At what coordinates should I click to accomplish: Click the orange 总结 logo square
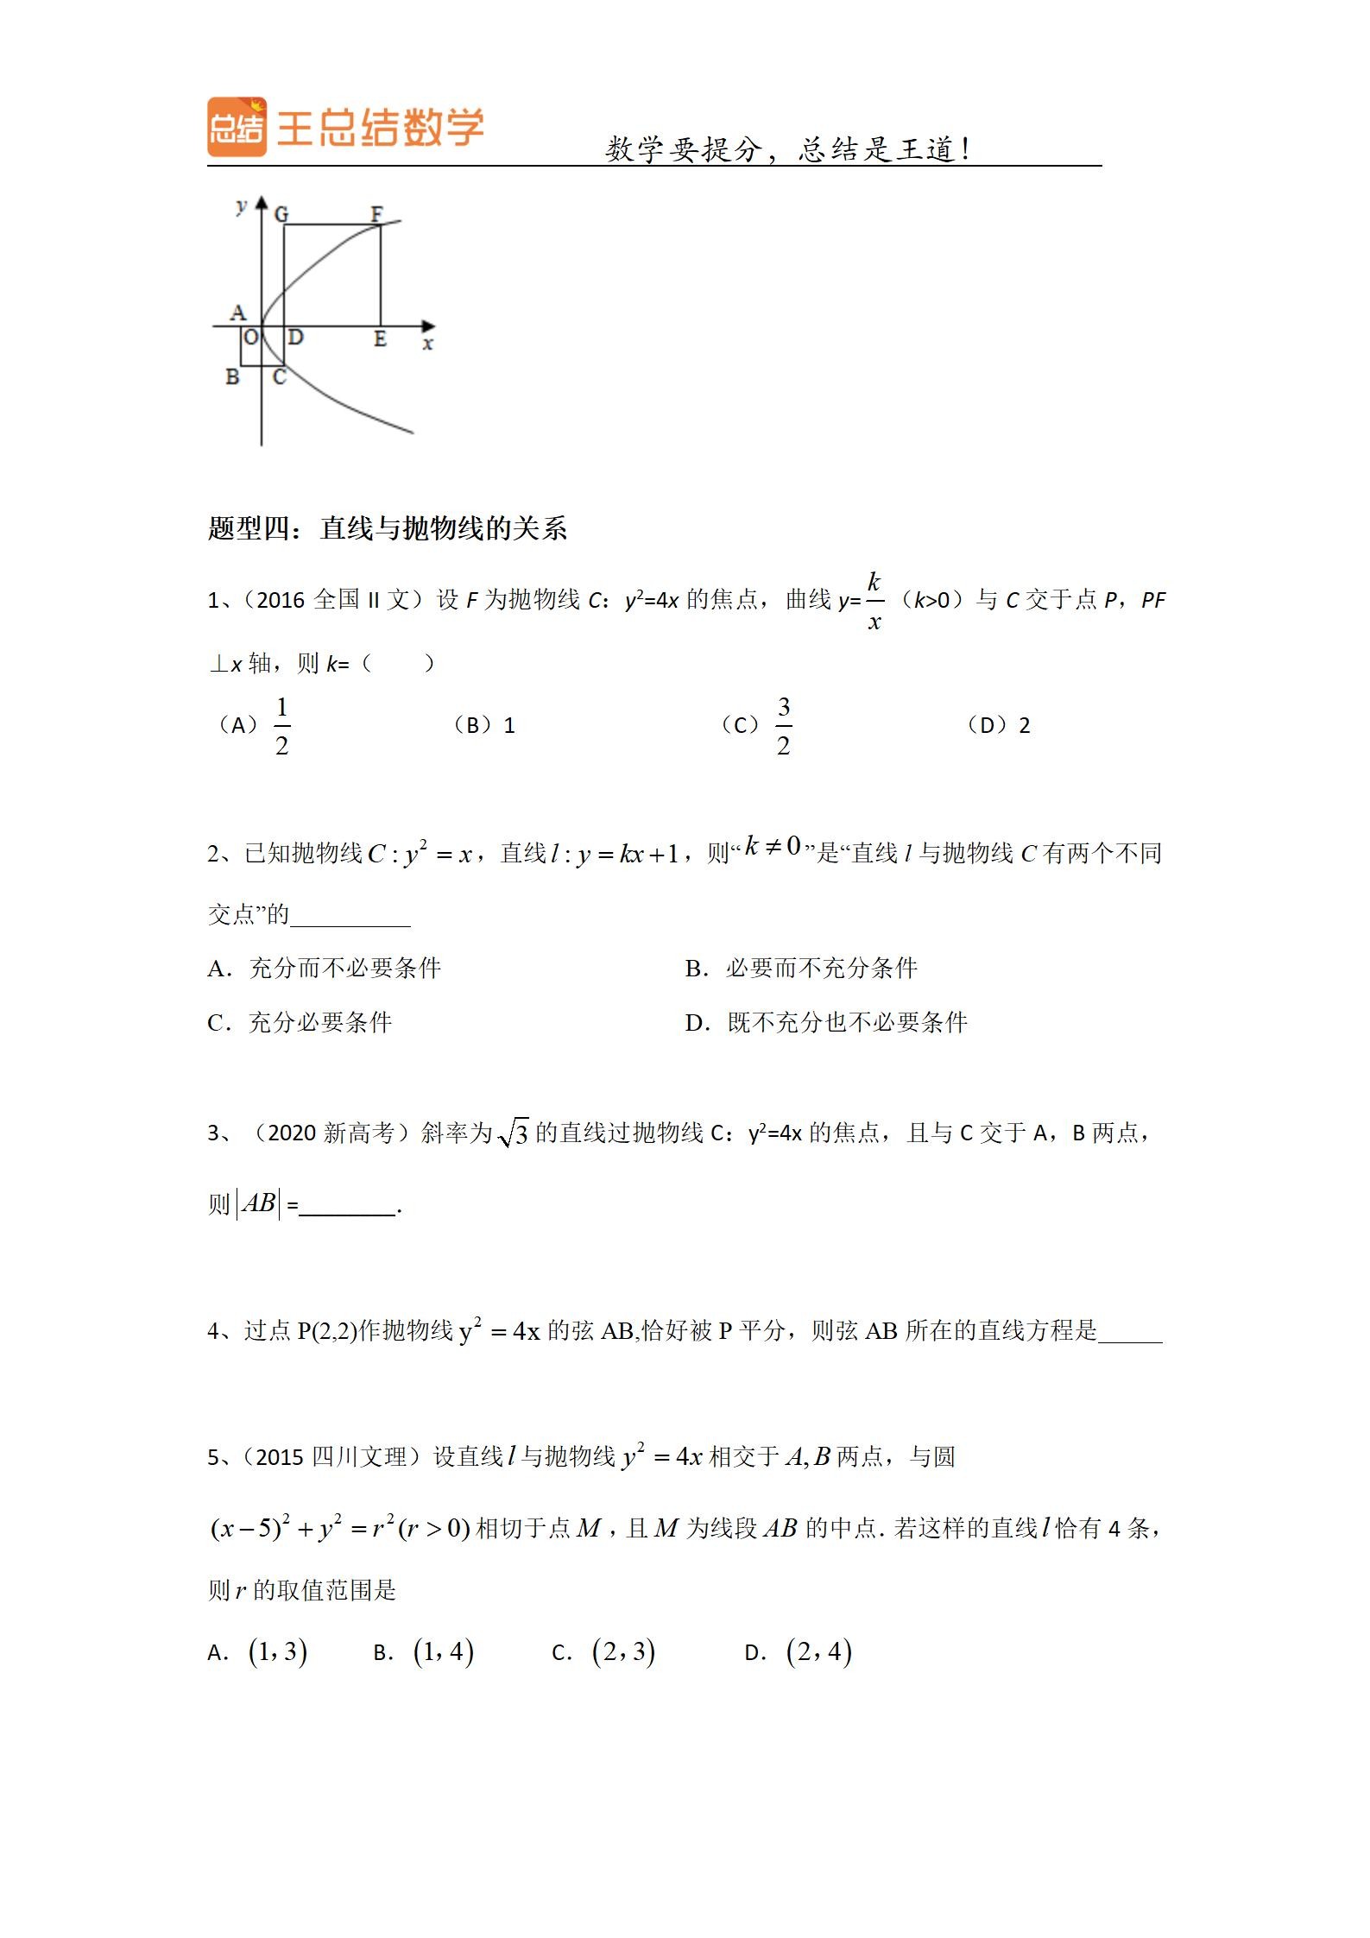tap(237, 127)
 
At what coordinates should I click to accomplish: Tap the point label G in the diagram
tap(281, 214)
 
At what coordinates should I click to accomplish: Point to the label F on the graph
tap(376, 212)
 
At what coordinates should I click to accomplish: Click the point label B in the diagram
tap(231, 377)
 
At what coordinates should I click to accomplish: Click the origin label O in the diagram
tap(250, 338)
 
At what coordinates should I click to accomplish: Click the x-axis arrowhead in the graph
tap(428, 326)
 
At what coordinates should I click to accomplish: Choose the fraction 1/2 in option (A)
tap(281, 726)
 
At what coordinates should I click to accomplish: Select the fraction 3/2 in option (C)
tap(783, 726)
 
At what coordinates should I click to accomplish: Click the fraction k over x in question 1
tap(874, 601)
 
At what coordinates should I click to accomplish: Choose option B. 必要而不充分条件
tap(800, 969)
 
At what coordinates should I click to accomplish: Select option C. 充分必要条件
tap(300, 1023)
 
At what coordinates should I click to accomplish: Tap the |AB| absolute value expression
tap(258, 1203)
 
